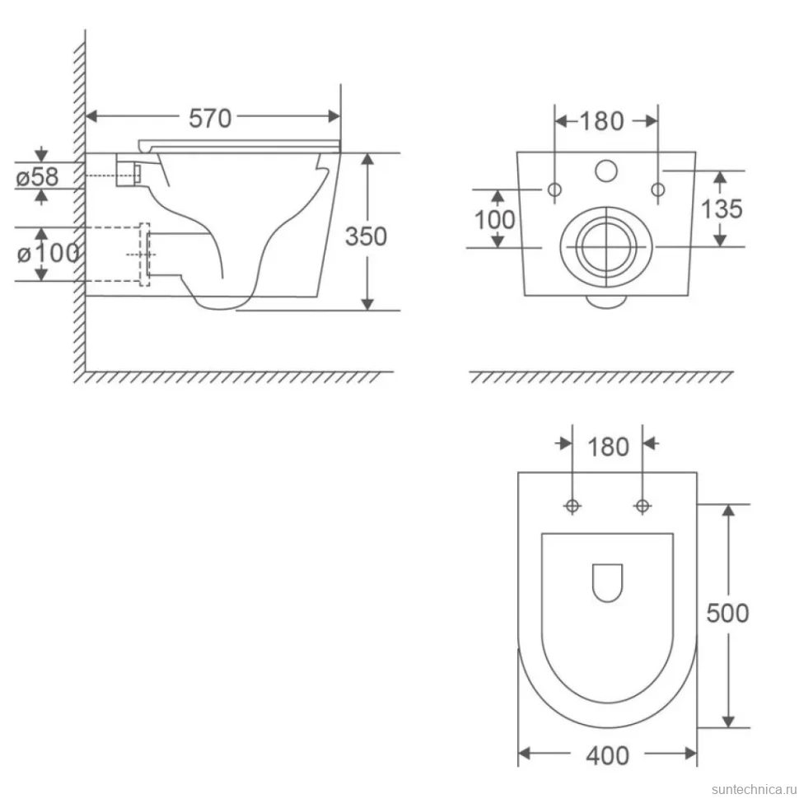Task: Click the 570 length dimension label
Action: [x=210, y=119]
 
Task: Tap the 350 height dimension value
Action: [x=366, y=236]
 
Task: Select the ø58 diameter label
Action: [x=37, y=176]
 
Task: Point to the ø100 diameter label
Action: [x=48, y=253]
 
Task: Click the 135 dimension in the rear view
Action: [x=722, y=209]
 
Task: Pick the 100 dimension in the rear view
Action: [x=494, y=220]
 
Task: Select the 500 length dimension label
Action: [x=727, y=613]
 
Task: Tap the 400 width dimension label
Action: [x=607, y=755]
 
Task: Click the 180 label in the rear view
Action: [x=602, y=121]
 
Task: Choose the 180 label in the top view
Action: [x=608, y=447]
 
